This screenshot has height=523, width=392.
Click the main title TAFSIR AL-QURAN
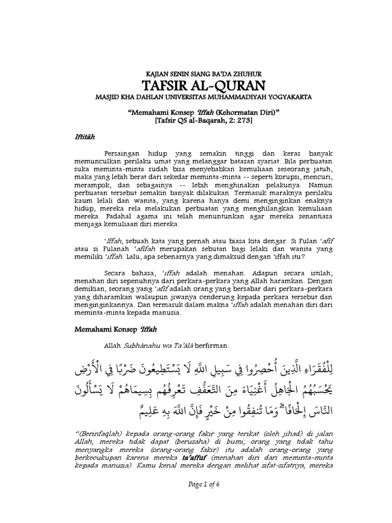point(195,85)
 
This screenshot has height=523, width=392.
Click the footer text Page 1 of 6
point(195,498)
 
